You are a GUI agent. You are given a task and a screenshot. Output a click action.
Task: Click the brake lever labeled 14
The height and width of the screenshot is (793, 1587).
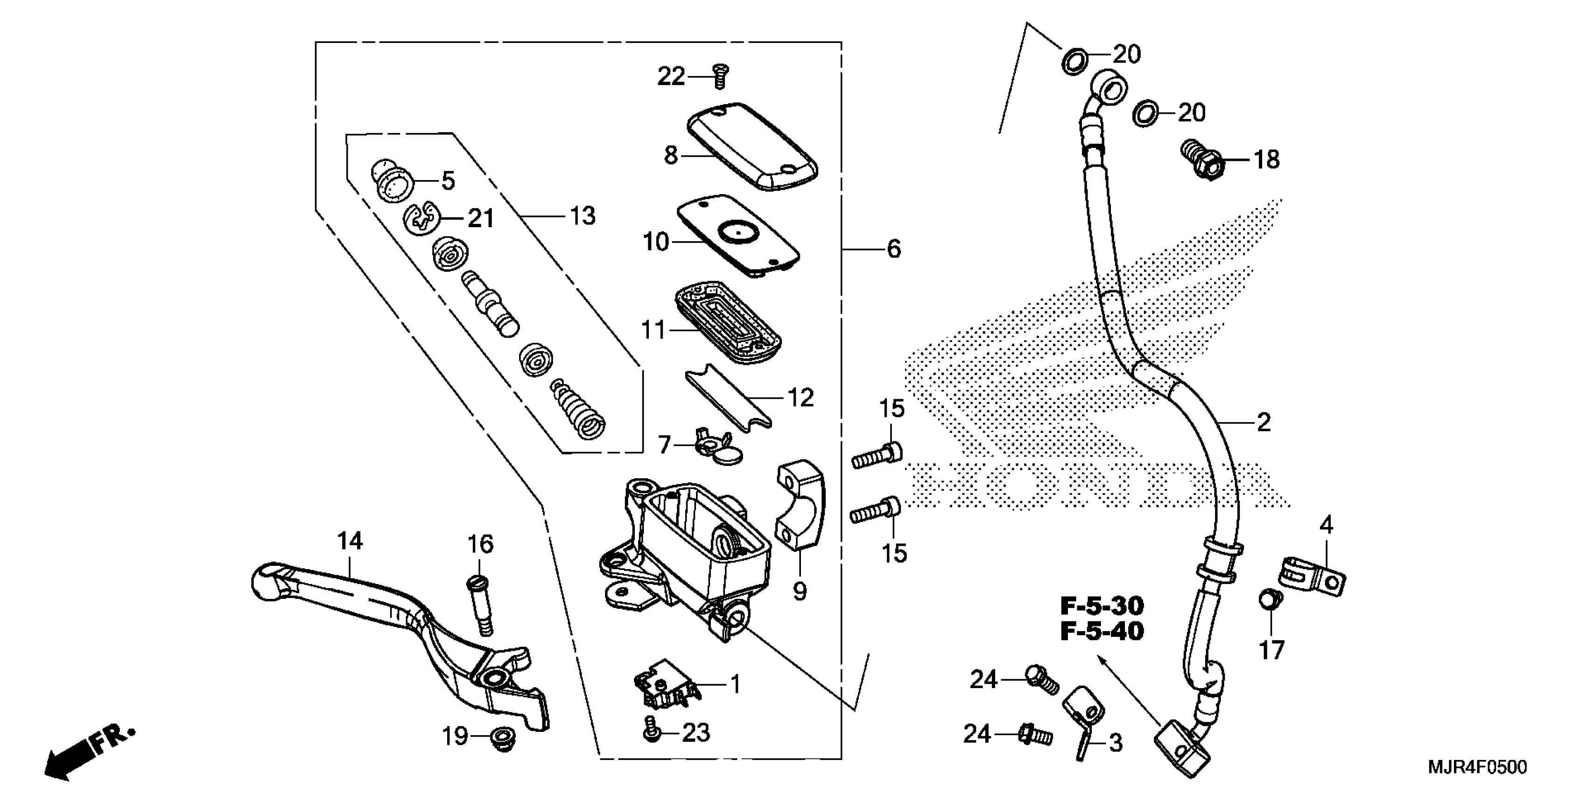[394, 622]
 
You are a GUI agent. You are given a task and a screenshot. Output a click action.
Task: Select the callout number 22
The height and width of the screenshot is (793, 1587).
[671, 77]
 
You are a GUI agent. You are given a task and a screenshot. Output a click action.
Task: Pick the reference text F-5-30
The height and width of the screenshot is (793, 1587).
[1102, 606]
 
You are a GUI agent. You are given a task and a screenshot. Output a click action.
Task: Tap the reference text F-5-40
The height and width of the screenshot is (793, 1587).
[1102, 632]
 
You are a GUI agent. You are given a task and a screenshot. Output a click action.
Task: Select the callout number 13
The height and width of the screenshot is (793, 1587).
[582, 216]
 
